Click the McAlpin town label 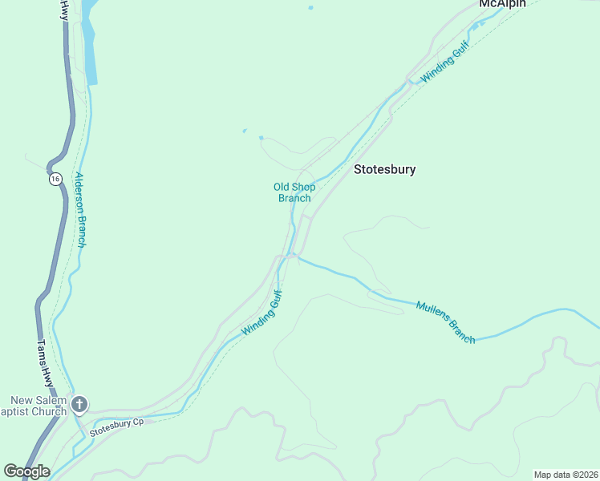click(502, 4)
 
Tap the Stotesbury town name click(385, 170)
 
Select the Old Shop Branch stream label click(294, 192)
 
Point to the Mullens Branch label click(446, 322)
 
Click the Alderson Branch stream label click(79, 210)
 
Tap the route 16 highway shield click(55, 179)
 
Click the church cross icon click(79, 404)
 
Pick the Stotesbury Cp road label click(116, 426)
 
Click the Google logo click(26, 471)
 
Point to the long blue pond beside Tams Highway click(89, 48)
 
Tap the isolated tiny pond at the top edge click(310, 8)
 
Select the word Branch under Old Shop click(294, 198)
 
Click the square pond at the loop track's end click(261, 138)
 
